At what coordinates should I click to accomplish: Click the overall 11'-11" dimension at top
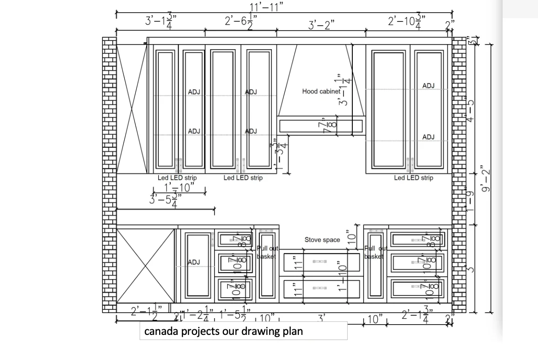click(266, 6)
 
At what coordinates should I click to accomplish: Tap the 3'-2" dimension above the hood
click(321, 25)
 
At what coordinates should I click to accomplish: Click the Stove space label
click(322, 240)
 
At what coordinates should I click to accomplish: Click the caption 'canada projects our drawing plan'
click(223, 331)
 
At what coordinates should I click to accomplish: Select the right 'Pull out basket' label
click(375, 253)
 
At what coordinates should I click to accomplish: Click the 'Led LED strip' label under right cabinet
click(413, 178)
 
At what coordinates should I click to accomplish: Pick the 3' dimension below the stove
click(321, 318)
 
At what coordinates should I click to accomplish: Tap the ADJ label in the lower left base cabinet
click(194, 262)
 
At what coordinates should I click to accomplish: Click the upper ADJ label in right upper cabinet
click(428, 86)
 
